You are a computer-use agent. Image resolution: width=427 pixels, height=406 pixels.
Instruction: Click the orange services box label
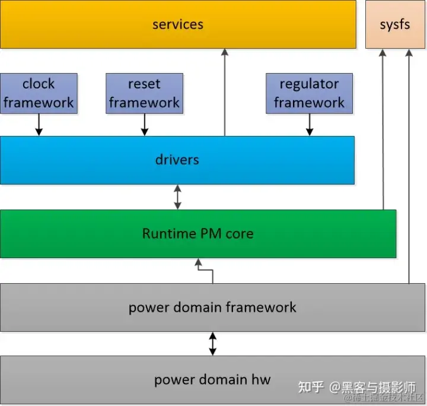[177, 24]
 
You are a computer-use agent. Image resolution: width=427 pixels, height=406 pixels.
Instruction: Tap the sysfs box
[394, 25]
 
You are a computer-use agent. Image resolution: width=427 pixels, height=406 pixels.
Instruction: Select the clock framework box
[39, 93]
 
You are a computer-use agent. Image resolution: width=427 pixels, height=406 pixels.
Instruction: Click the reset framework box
[144, 93]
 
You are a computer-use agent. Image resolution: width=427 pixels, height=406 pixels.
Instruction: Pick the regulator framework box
[309, 93]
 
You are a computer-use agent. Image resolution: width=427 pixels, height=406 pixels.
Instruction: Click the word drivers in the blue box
[177, 160]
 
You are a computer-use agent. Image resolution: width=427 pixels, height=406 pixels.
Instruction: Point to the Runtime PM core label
[197, 233]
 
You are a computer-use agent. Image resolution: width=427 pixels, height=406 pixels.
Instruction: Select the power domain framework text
[212, 307]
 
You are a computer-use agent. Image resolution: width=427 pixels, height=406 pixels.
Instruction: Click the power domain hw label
[212, 380]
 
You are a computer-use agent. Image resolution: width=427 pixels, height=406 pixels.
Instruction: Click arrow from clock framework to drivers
[39, 125]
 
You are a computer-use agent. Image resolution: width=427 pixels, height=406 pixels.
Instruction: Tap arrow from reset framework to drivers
[144, 125]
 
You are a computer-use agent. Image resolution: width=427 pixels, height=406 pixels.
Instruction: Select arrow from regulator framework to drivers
[309, 125]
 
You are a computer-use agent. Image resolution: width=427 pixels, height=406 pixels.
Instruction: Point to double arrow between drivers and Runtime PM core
[177, 197]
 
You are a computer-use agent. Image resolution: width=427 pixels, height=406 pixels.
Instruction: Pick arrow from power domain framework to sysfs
[408, 166]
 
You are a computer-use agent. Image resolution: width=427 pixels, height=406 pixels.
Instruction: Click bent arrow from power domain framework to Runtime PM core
[205, 271]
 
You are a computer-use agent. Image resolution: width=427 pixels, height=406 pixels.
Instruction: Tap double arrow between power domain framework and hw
[212, 344]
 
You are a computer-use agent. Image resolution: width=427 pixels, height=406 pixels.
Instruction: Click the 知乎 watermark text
[311, 387]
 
